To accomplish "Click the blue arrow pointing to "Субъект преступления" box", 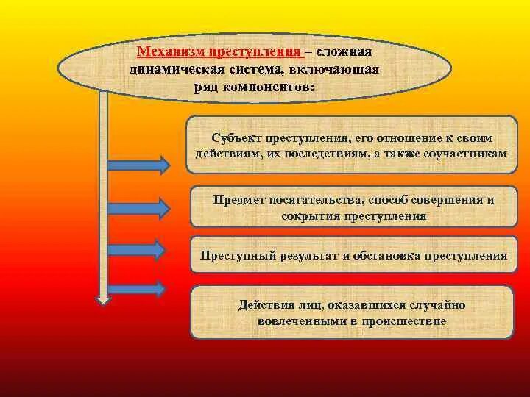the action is coord(140,162).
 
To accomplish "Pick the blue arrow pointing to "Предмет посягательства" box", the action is coord(140,208).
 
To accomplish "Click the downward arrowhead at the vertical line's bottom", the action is coord(104,299).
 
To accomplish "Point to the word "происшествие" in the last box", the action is coord(409,321).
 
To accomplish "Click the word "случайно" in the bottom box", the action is coord(437,304).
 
